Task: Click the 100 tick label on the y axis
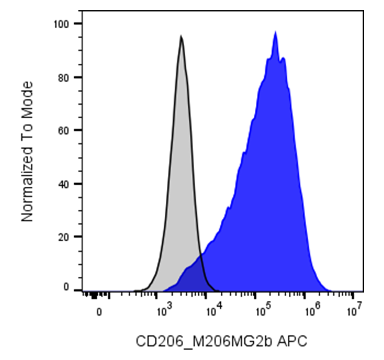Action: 61,24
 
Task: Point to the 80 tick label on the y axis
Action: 64,78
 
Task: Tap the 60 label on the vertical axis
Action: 64,131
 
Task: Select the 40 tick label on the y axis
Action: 64,184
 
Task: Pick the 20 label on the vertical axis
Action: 64,237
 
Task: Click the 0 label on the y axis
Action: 66,287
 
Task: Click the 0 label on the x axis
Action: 99,312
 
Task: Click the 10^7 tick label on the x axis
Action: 355,309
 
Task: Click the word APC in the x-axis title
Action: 292,341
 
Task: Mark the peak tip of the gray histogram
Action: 181,35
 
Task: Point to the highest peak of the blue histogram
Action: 275,32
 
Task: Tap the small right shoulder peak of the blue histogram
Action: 283,58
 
